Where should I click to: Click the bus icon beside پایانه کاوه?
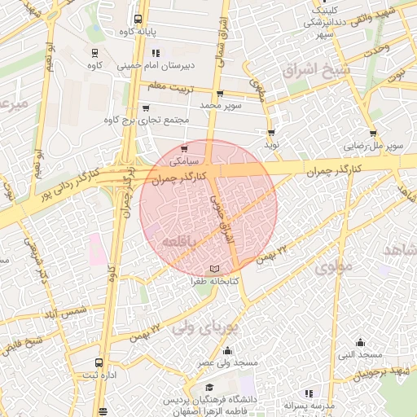[138, 17]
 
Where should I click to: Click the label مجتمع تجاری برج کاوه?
[147, 120]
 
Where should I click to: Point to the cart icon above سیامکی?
[185, 148]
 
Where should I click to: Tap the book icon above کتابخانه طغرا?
[214, 268]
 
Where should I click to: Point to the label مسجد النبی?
[360, 355]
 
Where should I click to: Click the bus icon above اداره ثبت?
[99, 362]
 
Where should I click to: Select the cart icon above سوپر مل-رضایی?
[373, 133]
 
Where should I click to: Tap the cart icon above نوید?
[271, 131]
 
